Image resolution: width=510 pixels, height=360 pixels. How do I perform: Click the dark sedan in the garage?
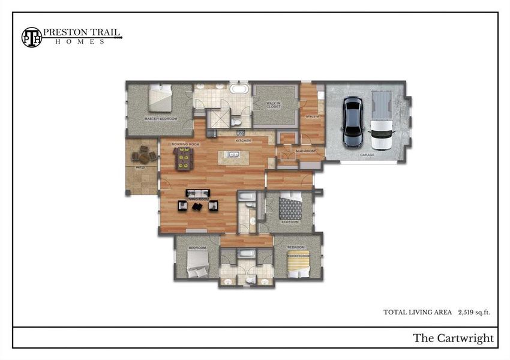coord(352,122)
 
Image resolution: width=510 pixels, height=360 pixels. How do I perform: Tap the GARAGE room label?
coord(367,155)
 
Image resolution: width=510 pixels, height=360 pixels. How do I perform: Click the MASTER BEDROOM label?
coord(161,119)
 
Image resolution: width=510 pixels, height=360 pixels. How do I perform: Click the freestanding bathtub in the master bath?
coord(239,91)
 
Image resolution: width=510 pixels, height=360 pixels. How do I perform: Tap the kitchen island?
coord(233,157)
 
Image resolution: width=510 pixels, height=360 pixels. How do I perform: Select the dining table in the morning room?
coord(183,158)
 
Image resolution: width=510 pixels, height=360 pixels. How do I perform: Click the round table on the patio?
coord(143,154)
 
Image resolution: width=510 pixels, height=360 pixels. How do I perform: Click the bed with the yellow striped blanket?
coord(298,264)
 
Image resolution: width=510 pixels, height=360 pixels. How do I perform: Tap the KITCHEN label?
coord(242,140)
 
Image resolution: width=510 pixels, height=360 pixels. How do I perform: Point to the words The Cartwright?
coord(453,338)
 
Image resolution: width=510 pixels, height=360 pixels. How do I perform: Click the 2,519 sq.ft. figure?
coord(474,312)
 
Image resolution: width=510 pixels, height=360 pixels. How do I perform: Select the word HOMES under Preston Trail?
coord(79,41)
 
